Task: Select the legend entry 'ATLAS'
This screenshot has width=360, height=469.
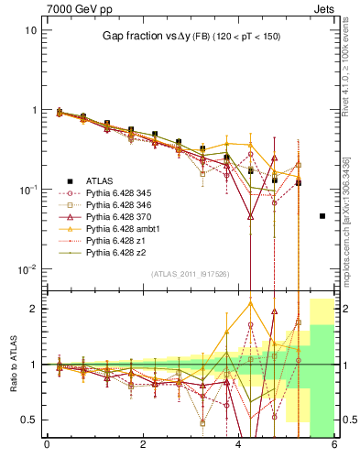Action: pyautogui.click(x=100, y=180)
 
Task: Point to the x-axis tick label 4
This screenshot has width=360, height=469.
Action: pyautogui.click(x=238, y=446)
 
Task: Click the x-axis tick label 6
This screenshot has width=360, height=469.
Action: pyautogui.click(x=333, y=446)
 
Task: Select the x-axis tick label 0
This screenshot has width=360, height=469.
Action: pyautogui.click(x=47, y=446)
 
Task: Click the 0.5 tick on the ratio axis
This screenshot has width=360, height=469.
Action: pyautogui.click(x=29, y=420)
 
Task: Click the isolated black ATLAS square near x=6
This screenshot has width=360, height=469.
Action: pyautogui.click(x=322, y=216)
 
